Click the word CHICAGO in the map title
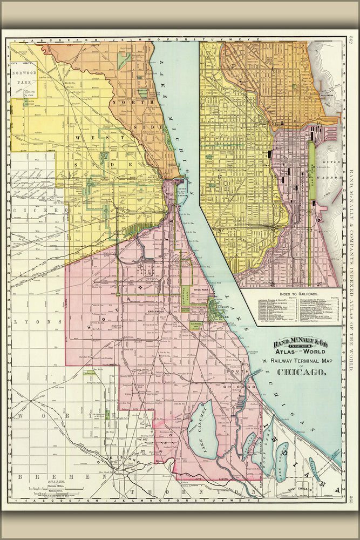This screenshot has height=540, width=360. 301,372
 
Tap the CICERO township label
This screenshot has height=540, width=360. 33,210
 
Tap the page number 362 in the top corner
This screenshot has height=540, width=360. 350,40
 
